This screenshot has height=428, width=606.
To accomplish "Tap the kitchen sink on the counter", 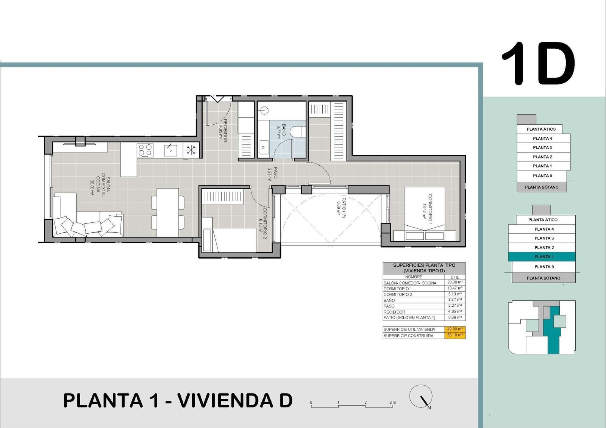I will [x=170, y=150].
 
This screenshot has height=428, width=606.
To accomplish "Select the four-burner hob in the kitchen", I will [x=145, y=150].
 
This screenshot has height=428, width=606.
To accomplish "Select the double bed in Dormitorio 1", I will [x=424, y=214].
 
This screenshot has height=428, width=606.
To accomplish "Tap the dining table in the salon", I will [x=168, y=212].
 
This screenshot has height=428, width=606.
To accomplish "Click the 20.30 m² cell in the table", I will [x=454, y=283].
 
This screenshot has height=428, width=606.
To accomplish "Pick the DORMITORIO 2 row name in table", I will [x=398, y=294].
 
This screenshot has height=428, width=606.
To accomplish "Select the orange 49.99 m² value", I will [x=454, y=329].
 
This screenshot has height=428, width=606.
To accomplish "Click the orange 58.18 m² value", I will [x=454, y=336].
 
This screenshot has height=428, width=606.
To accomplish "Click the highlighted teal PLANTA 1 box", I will [x=542, y=257].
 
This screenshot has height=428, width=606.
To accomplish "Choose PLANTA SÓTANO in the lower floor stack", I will [x=544, y=278].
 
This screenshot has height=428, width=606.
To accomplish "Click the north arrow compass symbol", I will [x=421, y=397].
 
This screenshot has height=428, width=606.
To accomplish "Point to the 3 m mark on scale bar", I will [x=392, y=403].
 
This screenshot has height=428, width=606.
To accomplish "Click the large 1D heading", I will [x=538, y=64].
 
